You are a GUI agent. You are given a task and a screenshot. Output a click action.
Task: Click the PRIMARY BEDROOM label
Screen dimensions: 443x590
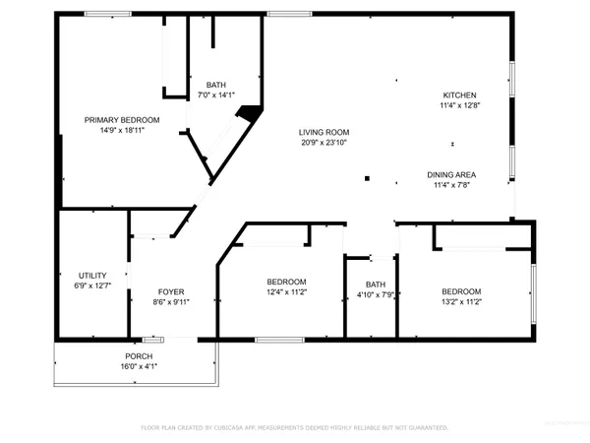tap(122, 120)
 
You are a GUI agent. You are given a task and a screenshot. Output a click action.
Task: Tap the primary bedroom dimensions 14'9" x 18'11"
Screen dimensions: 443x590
tap(122, 130)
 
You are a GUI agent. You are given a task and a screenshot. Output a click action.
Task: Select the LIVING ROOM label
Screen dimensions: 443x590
tap(324, 132)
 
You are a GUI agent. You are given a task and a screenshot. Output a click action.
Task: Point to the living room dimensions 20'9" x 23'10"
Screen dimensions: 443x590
tap(324, 143)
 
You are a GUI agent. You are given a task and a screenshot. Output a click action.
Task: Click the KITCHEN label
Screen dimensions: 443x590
tap(460, 95)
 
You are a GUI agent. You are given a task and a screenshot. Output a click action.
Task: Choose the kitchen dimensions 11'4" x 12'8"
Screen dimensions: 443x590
tap(460, 105)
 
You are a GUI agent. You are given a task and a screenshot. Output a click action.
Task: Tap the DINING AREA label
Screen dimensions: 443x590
tap(452, 175)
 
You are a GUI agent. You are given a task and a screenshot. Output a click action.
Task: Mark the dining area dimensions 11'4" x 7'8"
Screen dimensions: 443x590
tap(452, 186)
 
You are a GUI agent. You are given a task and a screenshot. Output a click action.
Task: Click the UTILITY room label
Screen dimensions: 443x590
tap(92, 276)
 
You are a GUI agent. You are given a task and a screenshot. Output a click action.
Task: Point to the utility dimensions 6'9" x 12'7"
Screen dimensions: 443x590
tap(92, 286)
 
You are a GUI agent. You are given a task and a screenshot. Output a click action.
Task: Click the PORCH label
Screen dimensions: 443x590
tap(138, 355)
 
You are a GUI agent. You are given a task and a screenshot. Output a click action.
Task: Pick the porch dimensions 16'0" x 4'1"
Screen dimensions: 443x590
tap(138, 366)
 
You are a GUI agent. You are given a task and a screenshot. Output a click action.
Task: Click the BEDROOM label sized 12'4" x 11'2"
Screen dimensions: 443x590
tap(286, 281)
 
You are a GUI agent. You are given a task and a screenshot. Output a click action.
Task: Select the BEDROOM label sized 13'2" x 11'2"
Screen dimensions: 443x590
tap(460, 291)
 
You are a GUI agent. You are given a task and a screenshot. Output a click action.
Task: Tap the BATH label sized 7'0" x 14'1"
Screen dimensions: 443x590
tap(216, 85)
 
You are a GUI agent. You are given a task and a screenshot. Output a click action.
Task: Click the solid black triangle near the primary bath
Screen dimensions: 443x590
tap(252, 112)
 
